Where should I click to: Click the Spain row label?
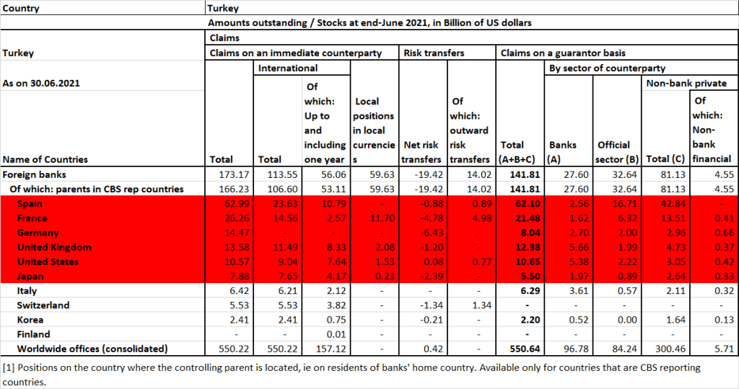(30, 204)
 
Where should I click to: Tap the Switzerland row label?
(43, 305)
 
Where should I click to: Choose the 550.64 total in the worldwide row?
(520, 349)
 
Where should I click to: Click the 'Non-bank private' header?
(686, 83)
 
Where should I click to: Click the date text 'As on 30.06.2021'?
(41, 83)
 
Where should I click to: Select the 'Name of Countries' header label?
(45, 159)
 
